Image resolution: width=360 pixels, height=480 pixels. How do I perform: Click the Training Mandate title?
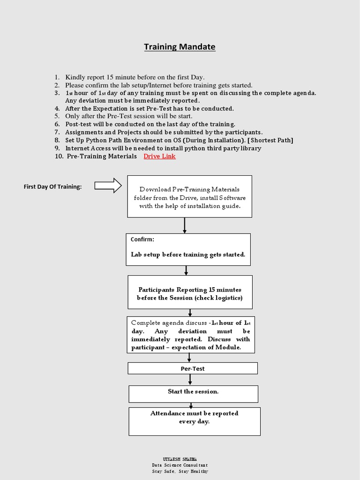coord(180,47)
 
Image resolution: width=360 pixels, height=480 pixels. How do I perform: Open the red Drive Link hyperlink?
coord(159,156)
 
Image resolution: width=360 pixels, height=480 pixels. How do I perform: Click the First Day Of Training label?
coord(52,187)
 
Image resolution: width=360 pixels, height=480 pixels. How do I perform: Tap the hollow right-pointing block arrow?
coord(108,186)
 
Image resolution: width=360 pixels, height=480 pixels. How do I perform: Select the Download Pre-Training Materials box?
coord(189,197)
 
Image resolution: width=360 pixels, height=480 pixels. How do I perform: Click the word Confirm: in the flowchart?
coord(142,240)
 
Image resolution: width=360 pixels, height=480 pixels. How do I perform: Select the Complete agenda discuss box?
coord(190,335)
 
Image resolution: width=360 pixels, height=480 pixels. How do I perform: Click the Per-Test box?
coord(193,368)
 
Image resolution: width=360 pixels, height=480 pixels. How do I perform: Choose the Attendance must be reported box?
coord(194,421)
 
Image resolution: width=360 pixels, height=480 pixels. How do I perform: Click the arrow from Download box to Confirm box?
coord(185,225)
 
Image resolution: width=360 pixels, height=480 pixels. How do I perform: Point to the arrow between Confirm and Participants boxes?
coord(187,270)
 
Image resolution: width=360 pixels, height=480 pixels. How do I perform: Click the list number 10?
coord(59,156)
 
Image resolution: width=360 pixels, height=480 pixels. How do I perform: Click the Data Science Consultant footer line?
coord(180,465)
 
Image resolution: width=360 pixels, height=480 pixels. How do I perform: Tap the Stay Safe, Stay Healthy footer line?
coord(180,471)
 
